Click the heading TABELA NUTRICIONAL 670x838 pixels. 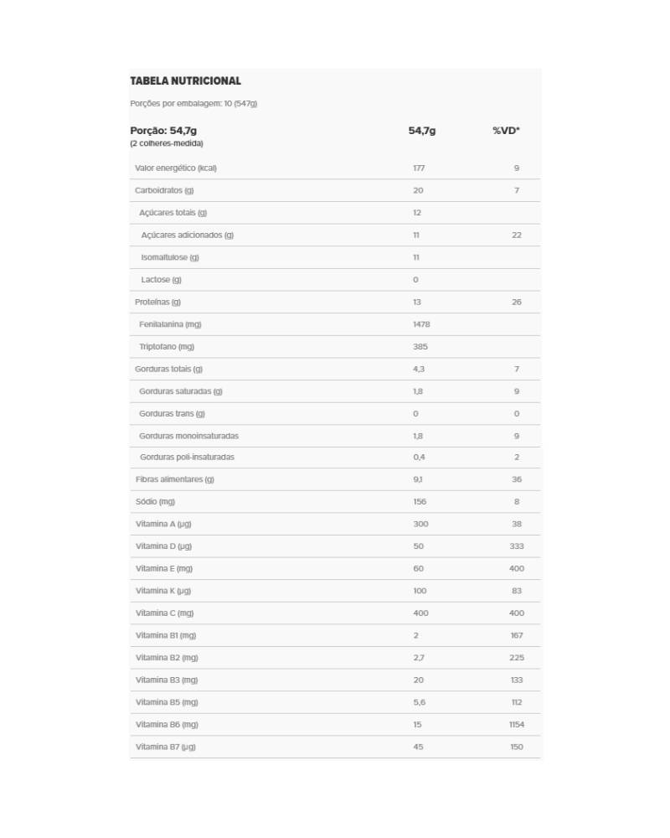click(185, 81)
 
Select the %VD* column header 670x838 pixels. click(506, 131)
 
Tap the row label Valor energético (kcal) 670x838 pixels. click(175, 168)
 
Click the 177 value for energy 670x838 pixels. click(419, 168)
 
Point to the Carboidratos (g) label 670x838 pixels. click(163, 190)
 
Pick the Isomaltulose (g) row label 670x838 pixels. click(170, 257)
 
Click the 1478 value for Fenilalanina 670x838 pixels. click(421, 324)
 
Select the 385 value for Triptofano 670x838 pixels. click(420, 347)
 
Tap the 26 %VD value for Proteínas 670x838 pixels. click(516, 302)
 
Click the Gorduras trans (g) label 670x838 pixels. click(172, 413)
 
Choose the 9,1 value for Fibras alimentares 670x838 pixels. click(417, 479)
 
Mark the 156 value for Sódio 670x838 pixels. click(420, 502)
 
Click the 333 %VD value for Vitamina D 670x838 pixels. click(516, 546)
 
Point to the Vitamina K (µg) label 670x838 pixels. click(163, 591)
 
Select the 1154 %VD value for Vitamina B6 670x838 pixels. click(516, 724)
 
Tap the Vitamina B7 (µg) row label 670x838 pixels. click(165, 747)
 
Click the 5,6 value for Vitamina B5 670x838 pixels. click(419, 702)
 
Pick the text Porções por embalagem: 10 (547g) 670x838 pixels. click(193, 104)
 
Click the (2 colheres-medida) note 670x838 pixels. click(166, 143)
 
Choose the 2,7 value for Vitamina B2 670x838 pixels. click(418, 658)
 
